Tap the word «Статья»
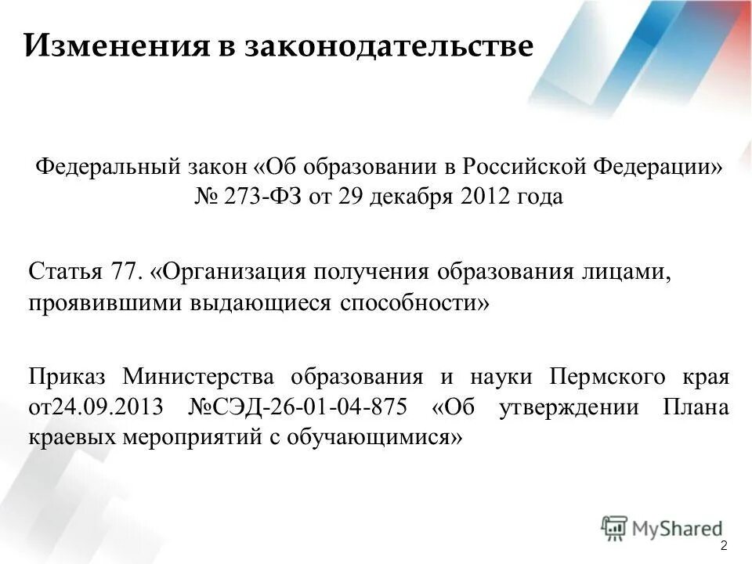point(65,272)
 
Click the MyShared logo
point(662,528)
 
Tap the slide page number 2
point(723,545)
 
